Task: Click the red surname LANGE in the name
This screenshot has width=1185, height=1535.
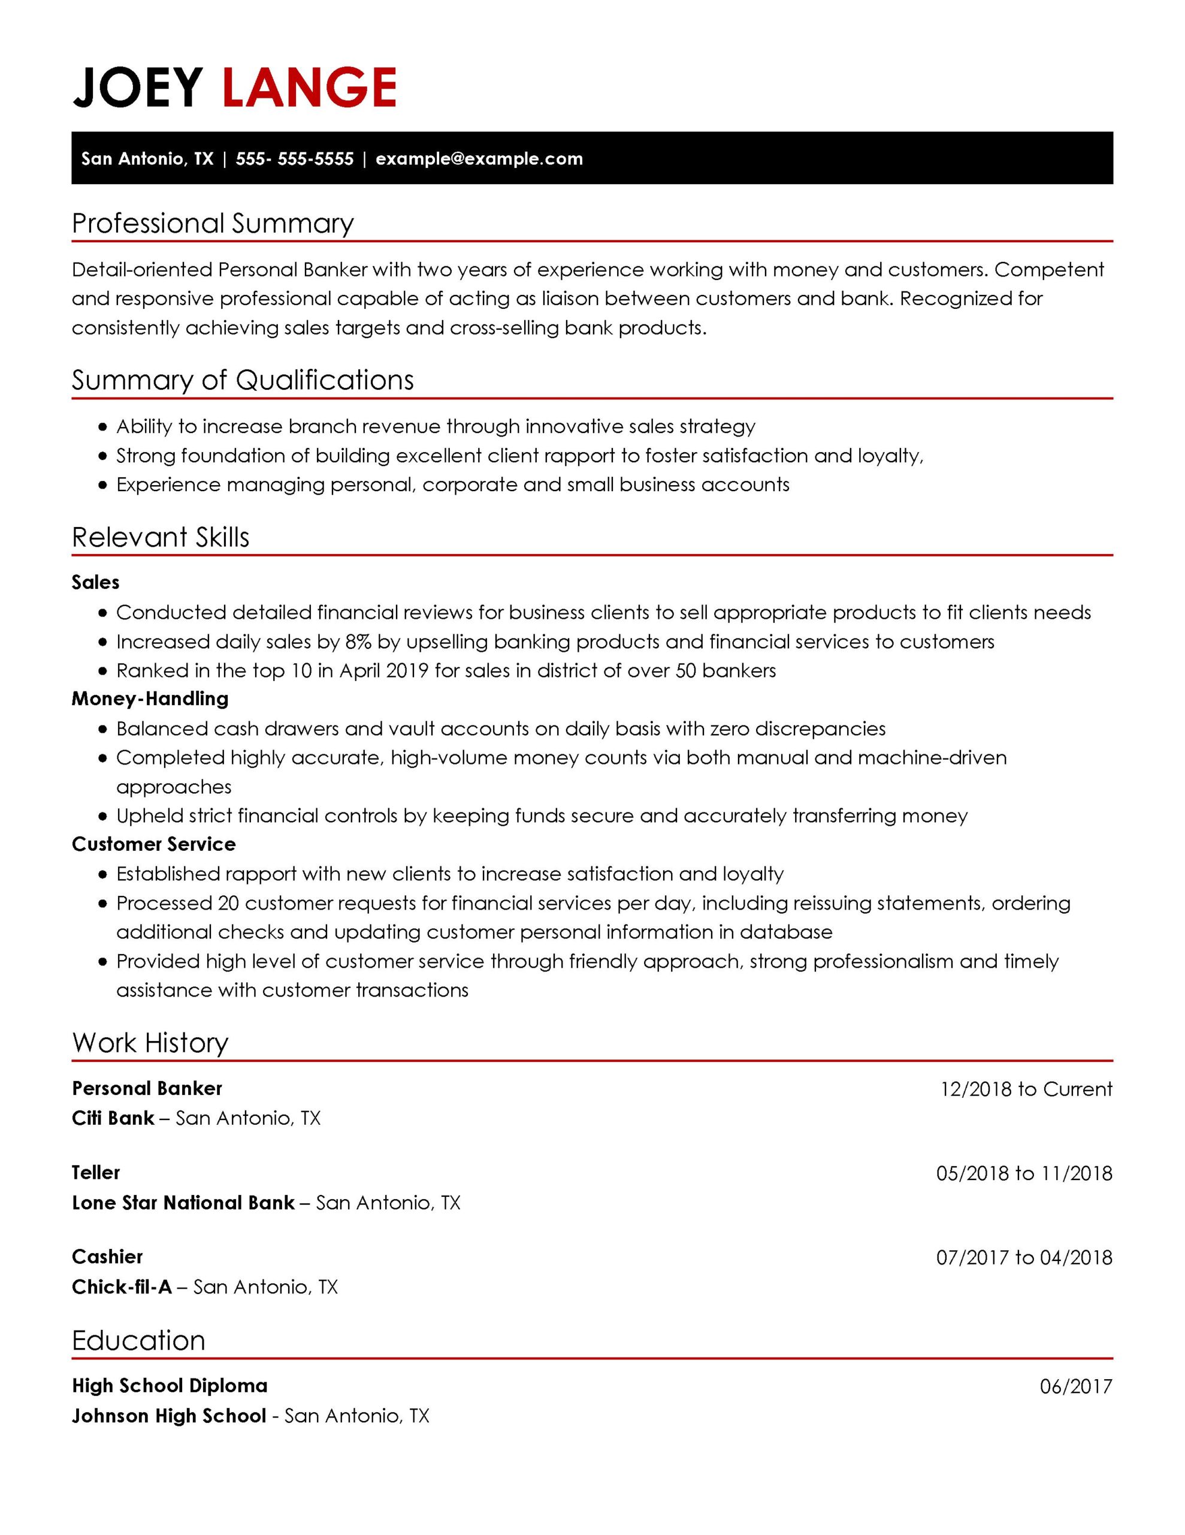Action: pos(309,88)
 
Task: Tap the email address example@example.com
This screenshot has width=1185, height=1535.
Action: pos(479,159)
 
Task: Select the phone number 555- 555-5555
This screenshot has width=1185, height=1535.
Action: pos(294,159)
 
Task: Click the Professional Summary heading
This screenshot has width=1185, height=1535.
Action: pos(212,224)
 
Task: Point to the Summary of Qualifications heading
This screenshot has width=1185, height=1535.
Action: pos(243,380)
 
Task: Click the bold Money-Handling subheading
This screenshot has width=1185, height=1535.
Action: pos(150,699)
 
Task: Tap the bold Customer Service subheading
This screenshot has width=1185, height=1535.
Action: pos(153,844)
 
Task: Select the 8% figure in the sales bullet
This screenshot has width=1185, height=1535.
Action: pos(358,642)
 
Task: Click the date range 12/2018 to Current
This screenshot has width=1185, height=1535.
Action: pos(1026,1089)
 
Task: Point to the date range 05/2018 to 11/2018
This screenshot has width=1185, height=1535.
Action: pos(1023,1173)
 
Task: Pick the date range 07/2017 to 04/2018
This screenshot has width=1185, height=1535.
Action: pos(1023,1257)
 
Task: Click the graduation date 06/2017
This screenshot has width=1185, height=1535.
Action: pos(1075,1387)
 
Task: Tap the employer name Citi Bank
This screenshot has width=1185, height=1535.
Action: pos(113,1118)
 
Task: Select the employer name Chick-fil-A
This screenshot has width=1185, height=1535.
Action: pos(122,1287)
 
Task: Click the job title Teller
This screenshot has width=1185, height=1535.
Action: pos(95,1172)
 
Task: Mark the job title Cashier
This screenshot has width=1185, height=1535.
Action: pos(107,1257)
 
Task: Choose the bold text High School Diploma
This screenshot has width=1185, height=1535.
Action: pos(170,1386)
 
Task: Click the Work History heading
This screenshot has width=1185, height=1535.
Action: pos(150,1043)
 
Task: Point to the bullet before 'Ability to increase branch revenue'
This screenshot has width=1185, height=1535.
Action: pos(103,427)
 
